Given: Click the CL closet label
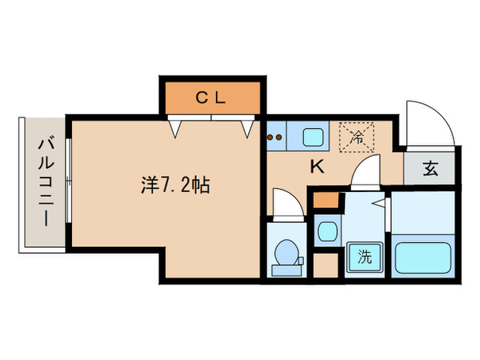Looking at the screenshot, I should pyautogui.click(x=211, y=98).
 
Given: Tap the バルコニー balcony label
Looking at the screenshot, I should pyautogui.click(x=46, y=183).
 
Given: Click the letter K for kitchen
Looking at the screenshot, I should pyautogui.click(x=317, y=165).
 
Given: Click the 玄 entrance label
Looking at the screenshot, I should pyautogui.click(x=430, y=169).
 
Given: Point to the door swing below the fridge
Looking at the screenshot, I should pyautogui.click(x=367, y=172).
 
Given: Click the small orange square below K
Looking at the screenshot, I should pyautogui.click(x=326, y=201).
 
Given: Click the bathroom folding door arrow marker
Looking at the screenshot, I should pyautogui.click(x=378, y=204).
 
